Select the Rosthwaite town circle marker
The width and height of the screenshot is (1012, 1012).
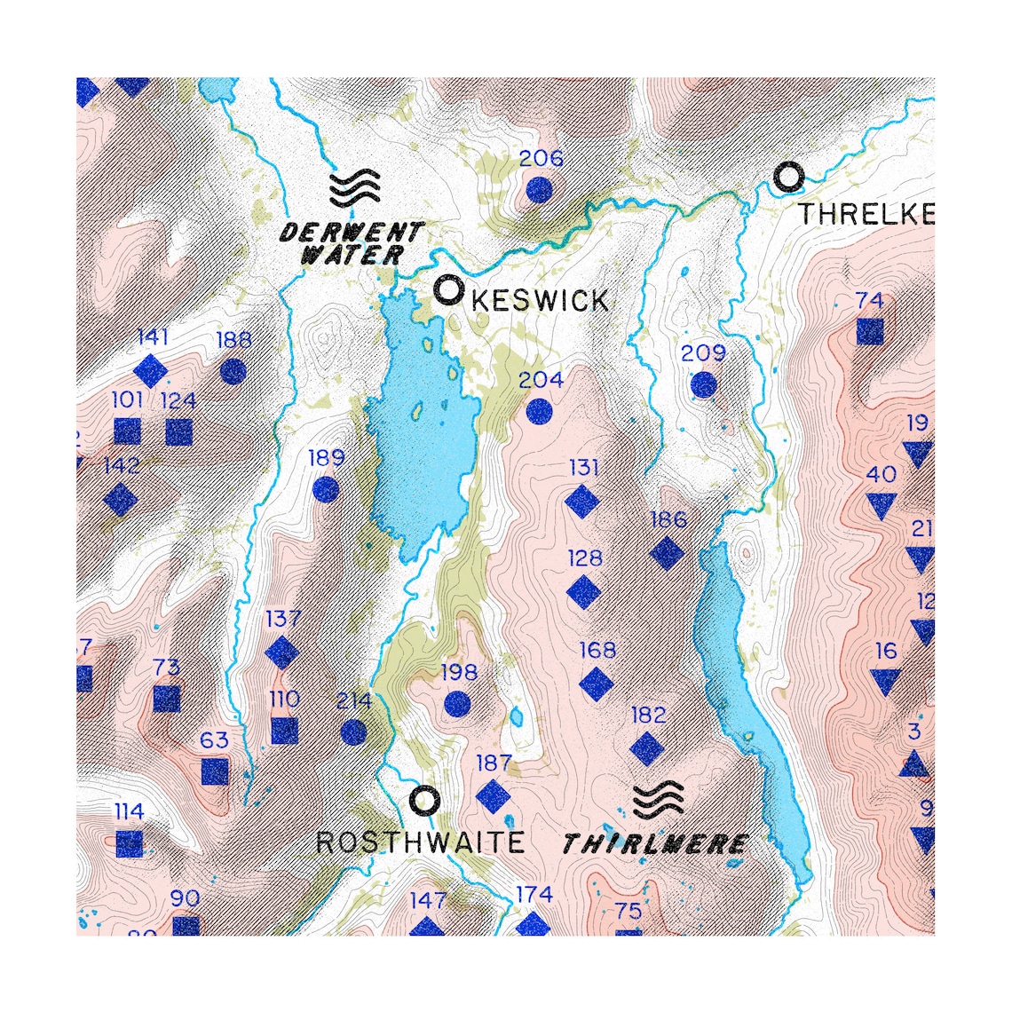(425, 801)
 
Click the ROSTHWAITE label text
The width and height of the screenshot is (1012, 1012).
(420, 842)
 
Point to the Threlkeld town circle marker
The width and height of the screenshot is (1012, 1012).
(787, 178)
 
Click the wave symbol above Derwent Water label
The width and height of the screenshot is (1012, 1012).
(354, 188)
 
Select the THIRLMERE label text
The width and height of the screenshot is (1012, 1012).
(655, 843)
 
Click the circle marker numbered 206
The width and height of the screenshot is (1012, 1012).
(539, 190)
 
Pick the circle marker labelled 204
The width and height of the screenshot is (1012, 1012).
(539, 411)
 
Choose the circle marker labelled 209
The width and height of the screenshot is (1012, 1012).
(703, 384)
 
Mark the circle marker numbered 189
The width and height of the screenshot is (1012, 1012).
(326, 489)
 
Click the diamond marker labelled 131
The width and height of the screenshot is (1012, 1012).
(583, 502)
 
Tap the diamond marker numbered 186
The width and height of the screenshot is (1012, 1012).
(668, 553)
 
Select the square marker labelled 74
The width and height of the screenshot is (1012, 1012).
(870, 331)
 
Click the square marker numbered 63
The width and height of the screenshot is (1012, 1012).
(215, 771)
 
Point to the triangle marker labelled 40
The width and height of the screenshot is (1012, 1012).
(881, 506)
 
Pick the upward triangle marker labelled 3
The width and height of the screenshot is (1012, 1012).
(914, 763)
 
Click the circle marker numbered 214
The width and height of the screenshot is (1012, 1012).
(353, 731)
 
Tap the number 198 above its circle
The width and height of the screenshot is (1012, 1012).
(459, 673)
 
